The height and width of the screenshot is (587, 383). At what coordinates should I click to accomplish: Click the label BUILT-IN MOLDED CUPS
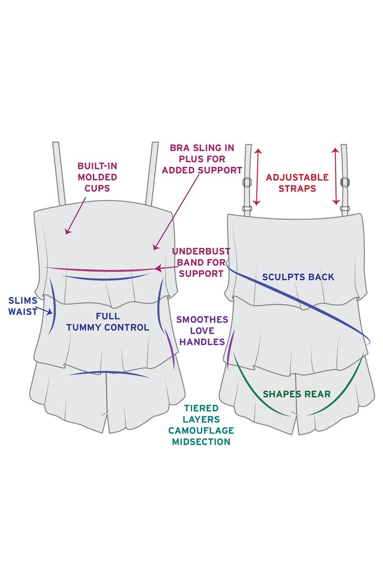click(x=97, y=177)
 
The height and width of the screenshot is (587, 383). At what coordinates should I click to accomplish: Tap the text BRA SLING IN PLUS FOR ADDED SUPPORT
click(x=202, y=159)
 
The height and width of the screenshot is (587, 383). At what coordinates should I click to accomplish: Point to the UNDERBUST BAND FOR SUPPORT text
click(x=201, y=263)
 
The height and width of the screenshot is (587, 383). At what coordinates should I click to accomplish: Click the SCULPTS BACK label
click(x=299, y=277)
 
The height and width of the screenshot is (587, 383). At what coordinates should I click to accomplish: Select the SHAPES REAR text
click(x=296, y=394)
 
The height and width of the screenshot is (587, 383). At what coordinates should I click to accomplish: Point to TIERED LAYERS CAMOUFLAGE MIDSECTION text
click(x=201, y=424)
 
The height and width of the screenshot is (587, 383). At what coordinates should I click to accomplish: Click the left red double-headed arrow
click(x=256, y=176)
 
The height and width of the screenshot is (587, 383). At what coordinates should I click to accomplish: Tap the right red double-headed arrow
click(x=336, y=176)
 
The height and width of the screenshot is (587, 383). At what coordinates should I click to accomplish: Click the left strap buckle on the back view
click(x=248, y=182)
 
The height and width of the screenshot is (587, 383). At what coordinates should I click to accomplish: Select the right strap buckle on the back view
click(x=345, y=182)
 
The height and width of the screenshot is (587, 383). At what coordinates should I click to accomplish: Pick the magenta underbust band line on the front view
click(x=98, y=269)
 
